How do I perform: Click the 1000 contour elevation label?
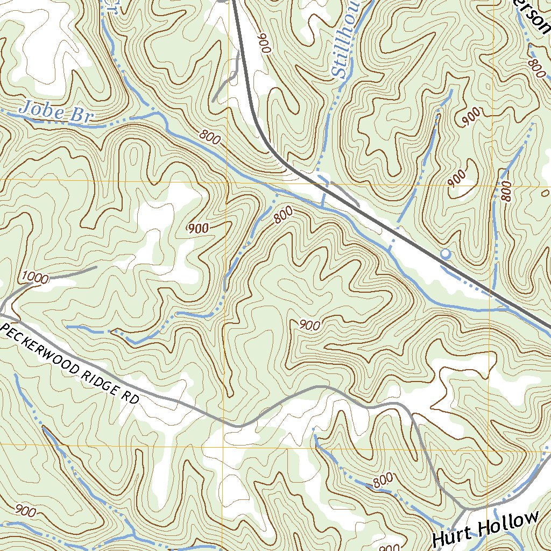pos(35,278)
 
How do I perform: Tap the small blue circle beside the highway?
pos(445,253)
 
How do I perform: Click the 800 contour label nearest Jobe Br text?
pos(209,138)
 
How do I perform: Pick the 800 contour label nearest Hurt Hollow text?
pos(383,481)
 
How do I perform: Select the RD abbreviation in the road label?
pos(131,399)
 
